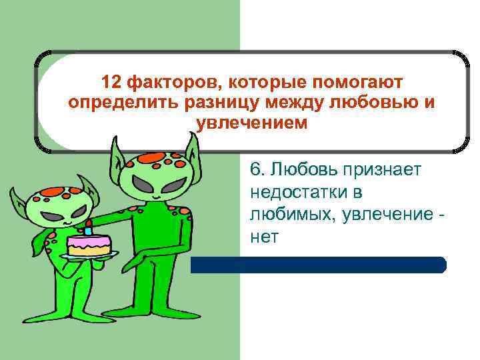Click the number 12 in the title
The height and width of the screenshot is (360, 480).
(x=111, y=83)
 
